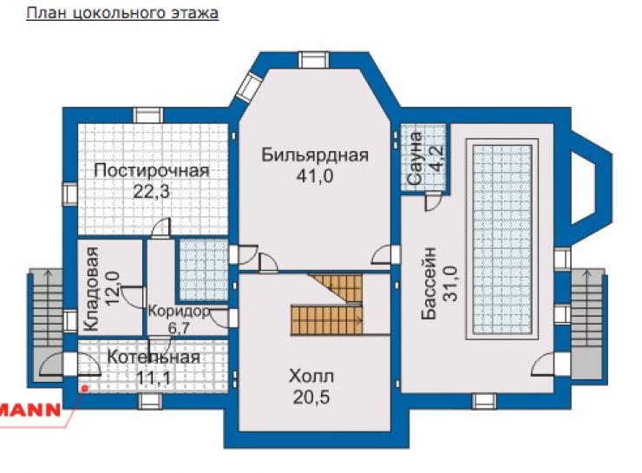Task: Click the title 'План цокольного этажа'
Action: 122,13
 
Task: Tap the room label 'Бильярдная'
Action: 315,155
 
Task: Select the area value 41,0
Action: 315,176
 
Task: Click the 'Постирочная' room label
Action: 152,170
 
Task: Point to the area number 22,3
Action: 152,191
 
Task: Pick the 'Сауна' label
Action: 416,158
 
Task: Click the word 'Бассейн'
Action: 429,283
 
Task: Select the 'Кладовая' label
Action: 91,289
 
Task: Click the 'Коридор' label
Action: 179,312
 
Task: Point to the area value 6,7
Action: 179,328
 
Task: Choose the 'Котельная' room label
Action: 154,357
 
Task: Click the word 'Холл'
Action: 311,376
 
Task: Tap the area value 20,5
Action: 311,397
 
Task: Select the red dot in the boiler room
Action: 85,387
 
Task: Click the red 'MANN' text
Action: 29,410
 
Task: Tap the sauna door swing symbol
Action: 433,202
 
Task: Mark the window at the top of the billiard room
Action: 314,60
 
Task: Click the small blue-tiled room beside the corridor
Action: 203,269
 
